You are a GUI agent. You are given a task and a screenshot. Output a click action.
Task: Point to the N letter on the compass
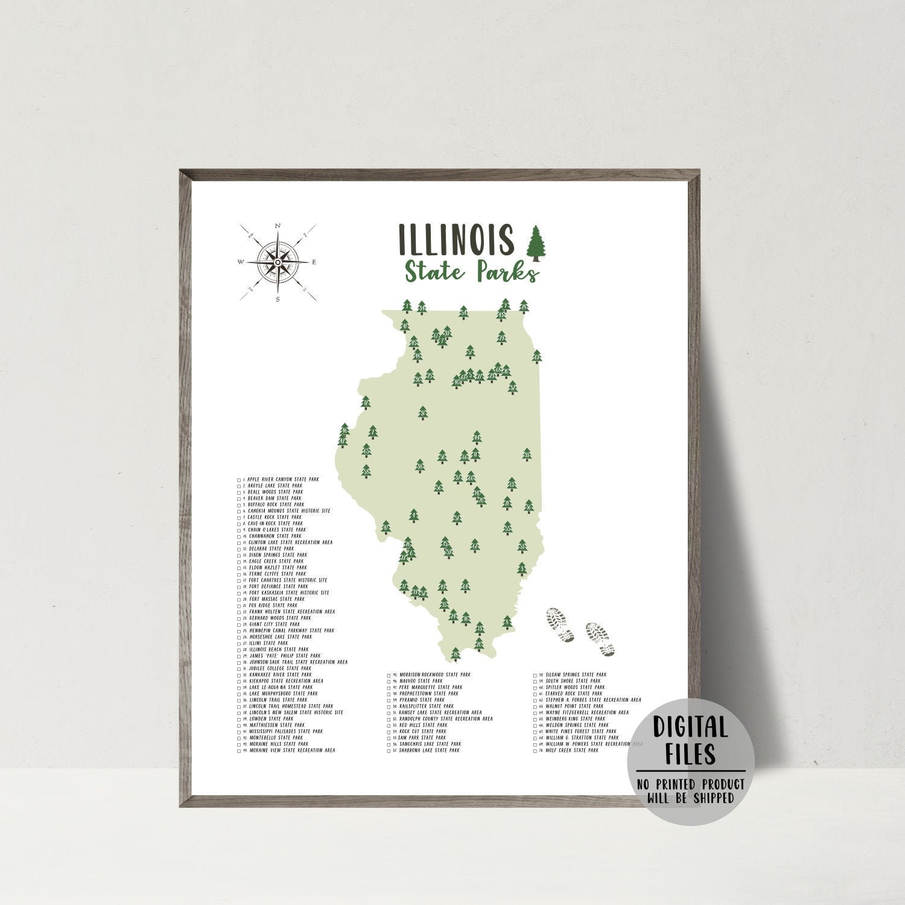click(278, 226)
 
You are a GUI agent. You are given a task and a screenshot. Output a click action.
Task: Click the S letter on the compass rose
click(278, 299)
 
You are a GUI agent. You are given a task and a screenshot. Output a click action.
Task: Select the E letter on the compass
click(314, 262)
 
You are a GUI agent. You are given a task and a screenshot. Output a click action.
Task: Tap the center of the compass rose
click(277, 262)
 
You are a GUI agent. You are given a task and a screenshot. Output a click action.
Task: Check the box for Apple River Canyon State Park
click(240, 480)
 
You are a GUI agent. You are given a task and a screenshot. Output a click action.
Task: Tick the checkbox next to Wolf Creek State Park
click(535, 751)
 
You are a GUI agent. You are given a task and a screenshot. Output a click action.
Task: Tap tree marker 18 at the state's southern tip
click(456, 653)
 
